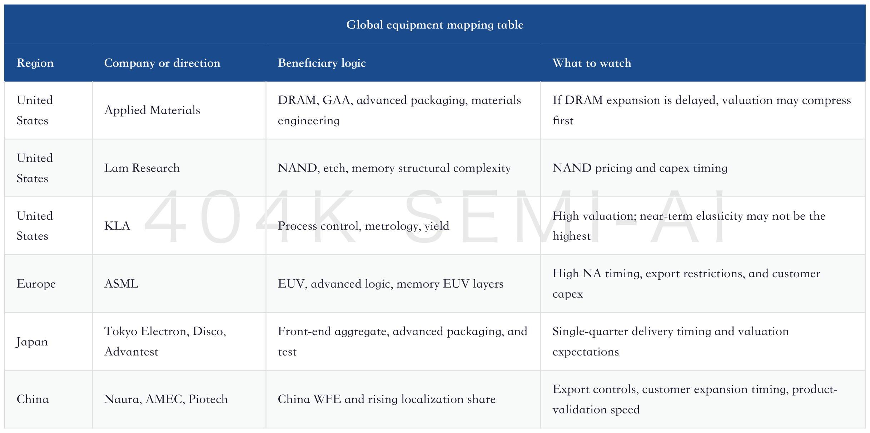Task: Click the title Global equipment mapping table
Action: click(x=435, y=25)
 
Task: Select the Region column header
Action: click(x=35, y=63)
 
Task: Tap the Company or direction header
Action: click(x=162, y=63)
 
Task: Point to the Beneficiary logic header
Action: click(x=322, y=63)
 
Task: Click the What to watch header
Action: click(x=592, y=63)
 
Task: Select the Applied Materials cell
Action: click(x=152, y=110)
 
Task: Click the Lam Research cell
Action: click(x=142, y=168)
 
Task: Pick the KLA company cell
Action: click(x=117, y=226)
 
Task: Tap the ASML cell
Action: click(x=121, y=284)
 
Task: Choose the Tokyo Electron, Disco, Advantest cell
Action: click(x=165, y=341)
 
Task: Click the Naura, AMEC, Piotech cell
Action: click(x=166, y=399)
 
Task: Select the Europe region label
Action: click(x=36, y=284)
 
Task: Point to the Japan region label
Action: click(x=32, y=342)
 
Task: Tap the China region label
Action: click(x=33, y=399)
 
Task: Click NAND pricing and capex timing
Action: click(x=640, y=168)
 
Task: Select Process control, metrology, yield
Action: click(x=363, y=226)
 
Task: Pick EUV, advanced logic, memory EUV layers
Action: click(x=391, y=284)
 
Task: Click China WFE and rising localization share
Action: click(x=387, y=399)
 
